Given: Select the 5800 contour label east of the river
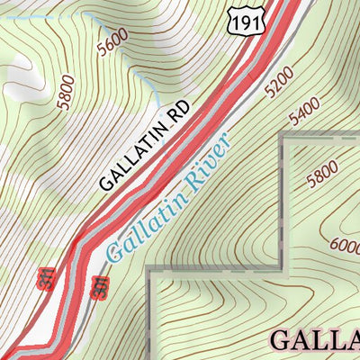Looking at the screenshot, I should coord(321,173).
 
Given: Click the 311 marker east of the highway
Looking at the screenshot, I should coord(100,286).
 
